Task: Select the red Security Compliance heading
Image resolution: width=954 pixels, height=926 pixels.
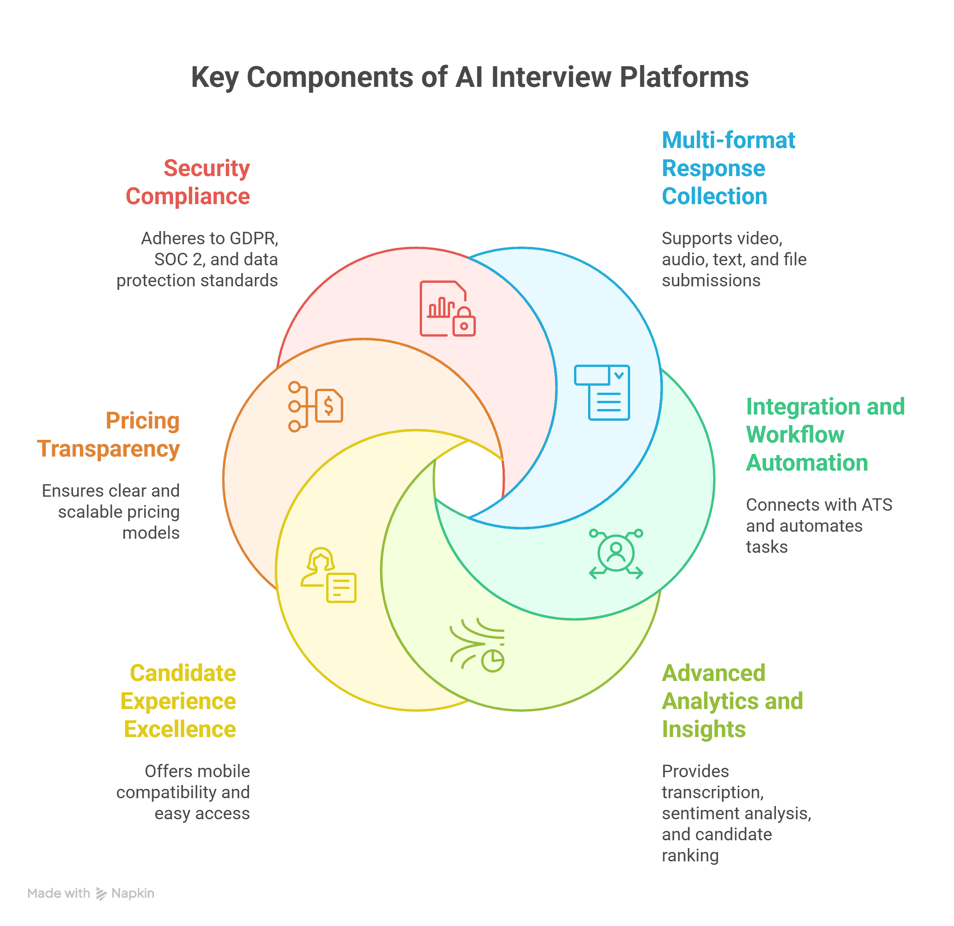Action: [x=188, y=182]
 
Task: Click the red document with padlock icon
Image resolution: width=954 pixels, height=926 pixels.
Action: [x=447, y=309]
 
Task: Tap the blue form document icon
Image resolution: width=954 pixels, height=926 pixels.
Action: [x=602, y=392]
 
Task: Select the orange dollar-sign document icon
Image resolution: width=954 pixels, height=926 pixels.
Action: [x=315, y=406]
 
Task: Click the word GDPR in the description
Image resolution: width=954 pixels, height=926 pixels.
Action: [x=254, y=238]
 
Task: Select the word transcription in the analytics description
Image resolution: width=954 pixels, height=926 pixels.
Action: [x=712, y=792]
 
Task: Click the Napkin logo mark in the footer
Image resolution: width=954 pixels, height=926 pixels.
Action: [x=101, y=893]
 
